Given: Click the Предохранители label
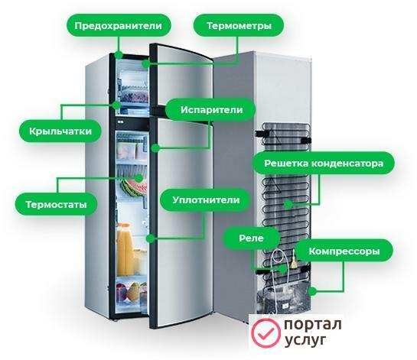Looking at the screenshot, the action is coord(119,25).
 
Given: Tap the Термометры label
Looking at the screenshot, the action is coord(239,25).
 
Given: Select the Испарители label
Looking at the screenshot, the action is coord(211,110).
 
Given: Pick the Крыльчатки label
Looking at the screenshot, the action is coord(60,131).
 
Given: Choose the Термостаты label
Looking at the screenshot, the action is coord(56,204).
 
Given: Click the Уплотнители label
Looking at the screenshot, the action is coord(206,199).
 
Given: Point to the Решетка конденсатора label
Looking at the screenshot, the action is coord(324,163).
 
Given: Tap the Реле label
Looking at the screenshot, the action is coord(251,238).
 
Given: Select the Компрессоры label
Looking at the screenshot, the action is coord(344,251).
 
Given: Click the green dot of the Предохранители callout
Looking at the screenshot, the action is coord(119,55).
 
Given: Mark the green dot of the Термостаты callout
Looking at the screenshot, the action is coord(138,178).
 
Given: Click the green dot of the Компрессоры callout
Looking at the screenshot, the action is coord(313,291).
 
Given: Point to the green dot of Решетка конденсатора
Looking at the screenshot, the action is coord(288,204).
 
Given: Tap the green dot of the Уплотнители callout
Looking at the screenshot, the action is coord(150,238).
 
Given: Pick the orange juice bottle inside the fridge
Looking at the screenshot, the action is coord(125,249).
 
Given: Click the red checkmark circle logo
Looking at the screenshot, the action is coord(266,333).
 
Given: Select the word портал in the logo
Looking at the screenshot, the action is coord(313,324).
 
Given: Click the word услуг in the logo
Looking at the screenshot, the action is coord(305,340).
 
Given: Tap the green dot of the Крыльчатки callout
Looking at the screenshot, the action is coord(116,105).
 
